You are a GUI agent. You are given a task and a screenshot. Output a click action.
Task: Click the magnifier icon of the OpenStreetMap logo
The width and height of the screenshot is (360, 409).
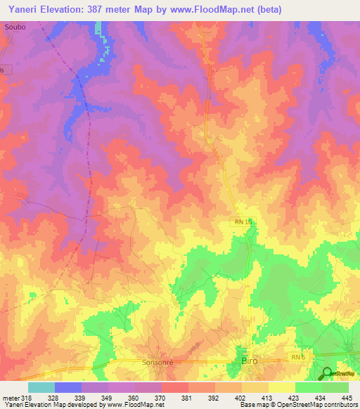tap(326, 373)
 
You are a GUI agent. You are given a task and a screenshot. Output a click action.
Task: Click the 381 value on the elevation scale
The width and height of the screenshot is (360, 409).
tap(186, 398)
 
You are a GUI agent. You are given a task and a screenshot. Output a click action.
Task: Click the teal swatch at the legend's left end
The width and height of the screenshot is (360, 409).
tap(41, 387)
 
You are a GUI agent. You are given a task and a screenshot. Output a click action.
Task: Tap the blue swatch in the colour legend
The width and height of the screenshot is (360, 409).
tap(68, 387)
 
